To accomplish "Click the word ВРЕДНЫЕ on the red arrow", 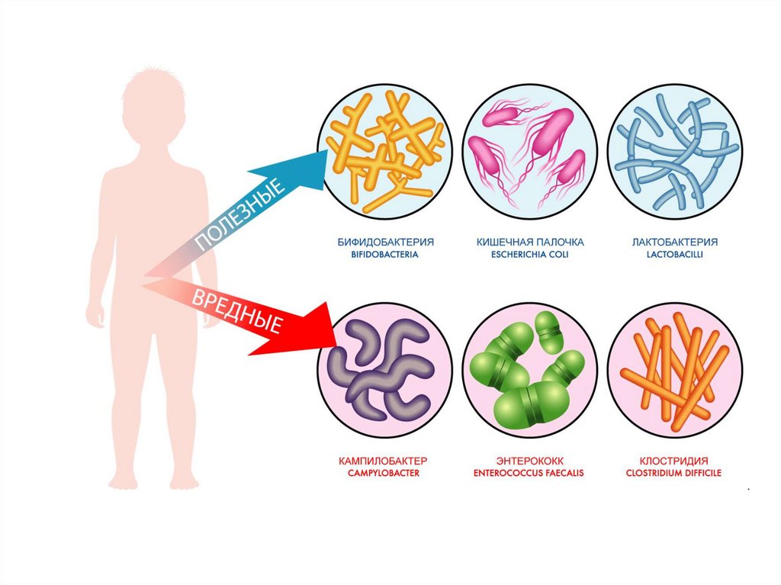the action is pos(236,310).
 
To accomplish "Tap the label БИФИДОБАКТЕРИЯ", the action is pos(386,242).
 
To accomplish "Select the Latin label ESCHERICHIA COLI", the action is pos(530,255).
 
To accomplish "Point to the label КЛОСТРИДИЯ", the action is pos(674,461).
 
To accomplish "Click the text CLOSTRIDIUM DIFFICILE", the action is pos(674,473).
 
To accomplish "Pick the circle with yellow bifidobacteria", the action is pos(384,152).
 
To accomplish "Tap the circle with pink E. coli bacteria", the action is pos(530,152).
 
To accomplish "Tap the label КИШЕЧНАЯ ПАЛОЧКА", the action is pos(530,242).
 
